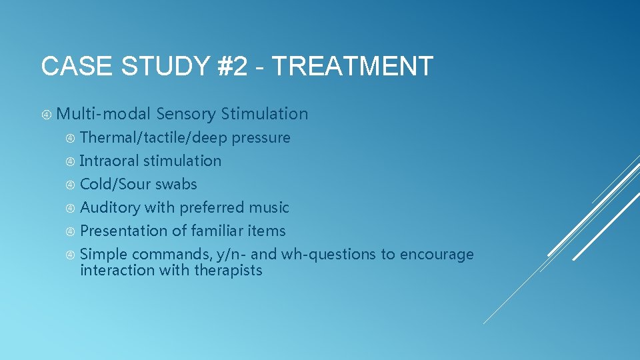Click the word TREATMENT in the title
click(353, 67)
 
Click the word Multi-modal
click(104, 114)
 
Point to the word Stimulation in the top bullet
click(265, 114)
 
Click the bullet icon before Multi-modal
click(47, 115)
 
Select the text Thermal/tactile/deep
click(153, 138)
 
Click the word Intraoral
click(109, 161)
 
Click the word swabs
click(176, 185)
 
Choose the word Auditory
click(110, 208)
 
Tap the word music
click(269, 208)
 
